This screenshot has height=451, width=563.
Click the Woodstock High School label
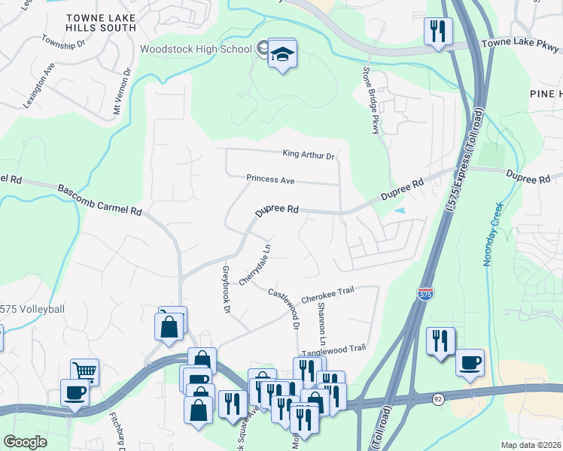pos(196,49)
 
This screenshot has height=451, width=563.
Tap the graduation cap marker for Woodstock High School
pos(282,54)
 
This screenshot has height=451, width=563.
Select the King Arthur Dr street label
pos(308,155)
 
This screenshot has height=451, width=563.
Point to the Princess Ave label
pos(269,180)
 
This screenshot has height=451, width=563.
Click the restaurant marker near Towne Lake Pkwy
pos(437,32)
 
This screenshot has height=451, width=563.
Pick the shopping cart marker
pos(85,371)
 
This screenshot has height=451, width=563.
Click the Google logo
pos(25,442)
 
